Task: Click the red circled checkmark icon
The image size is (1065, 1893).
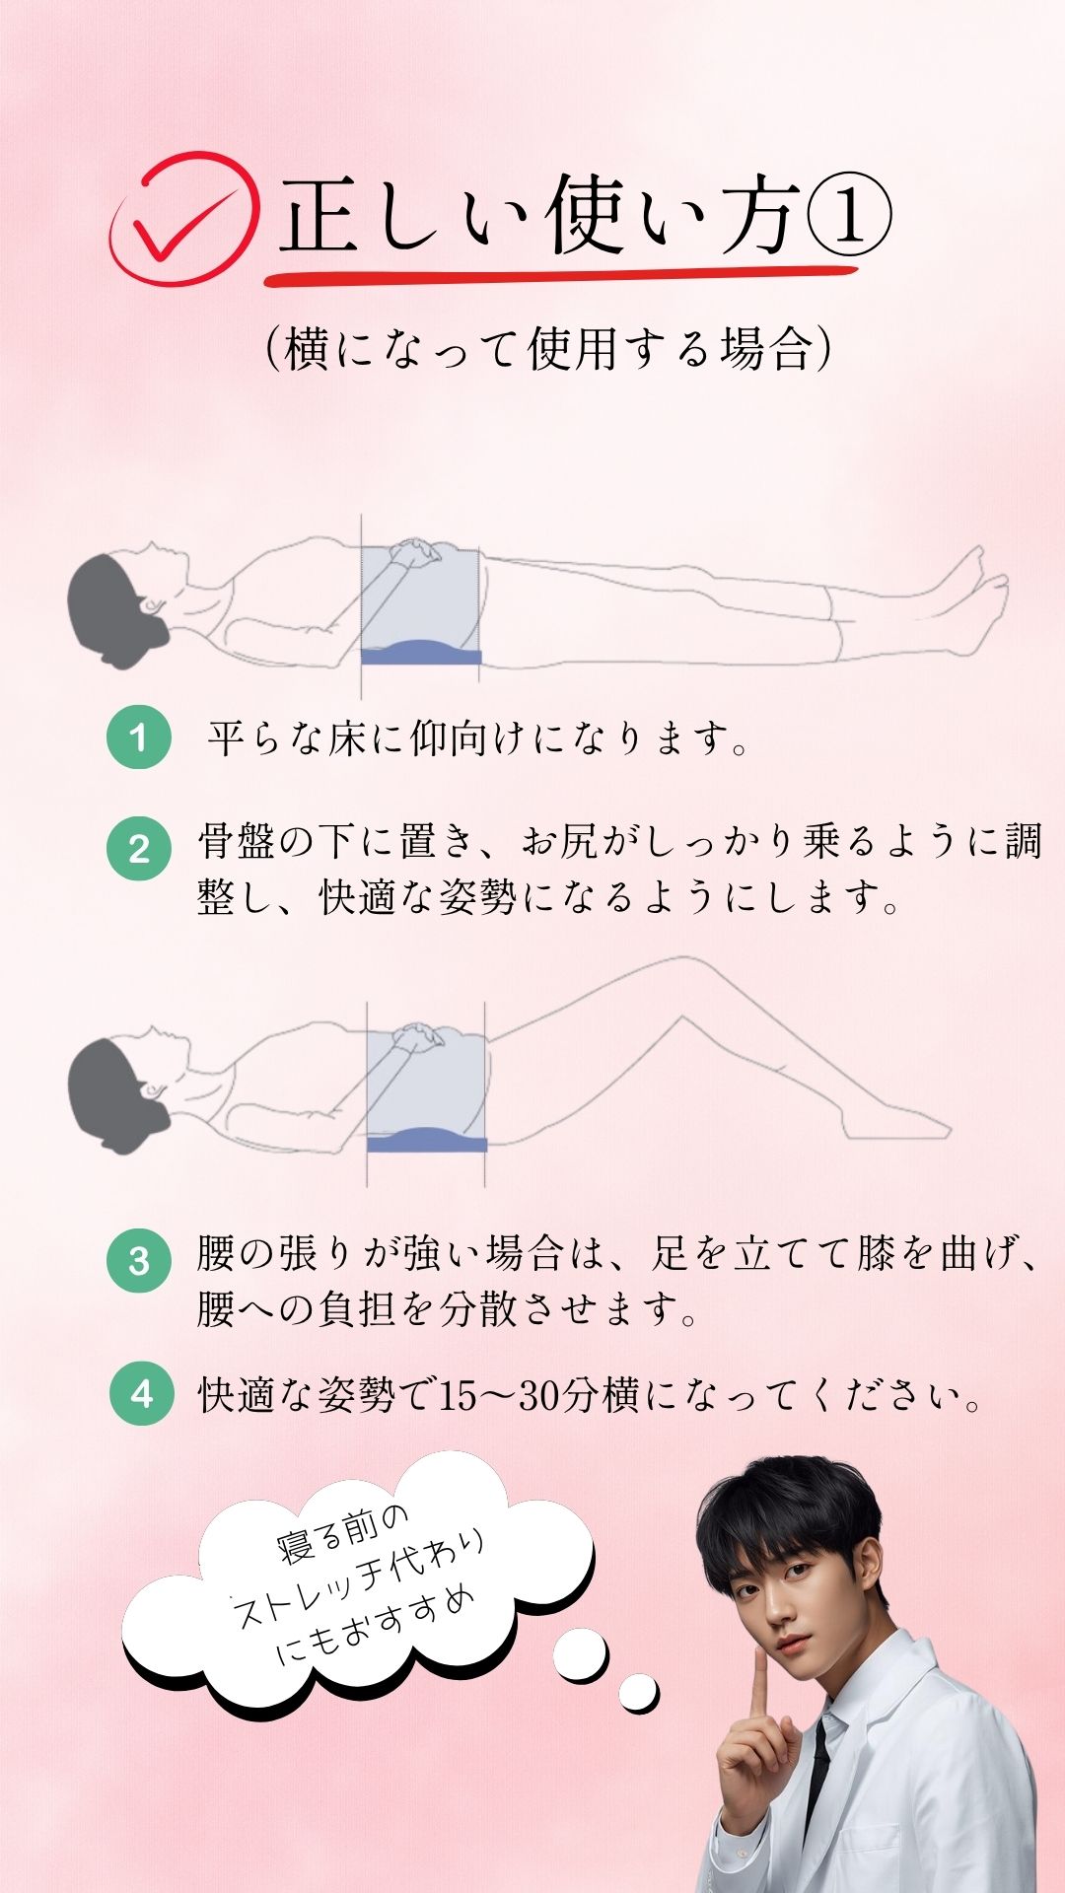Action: [183, 218]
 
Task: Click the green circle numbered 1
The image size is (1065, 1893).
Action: [139, 736]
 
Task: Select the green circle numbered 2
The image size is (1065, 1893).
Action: [139, 848]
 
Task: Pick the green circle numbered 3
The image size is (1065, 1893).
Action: [139, 1261]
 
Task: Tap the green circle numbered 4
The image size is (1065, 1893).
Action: [142, 1393]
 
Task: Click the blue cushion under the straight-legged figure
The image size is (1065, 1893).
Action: [421, 651]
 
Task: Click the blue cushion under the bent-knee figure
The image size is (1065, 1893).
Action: [427, 1140]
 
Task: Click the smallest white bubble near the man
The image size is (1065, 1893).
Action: [639, 1693]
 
